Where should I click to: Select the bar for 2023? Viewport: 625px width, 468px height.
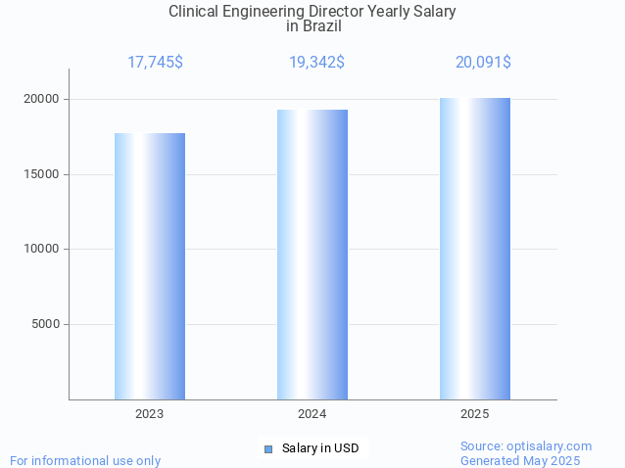(x=150, y=266)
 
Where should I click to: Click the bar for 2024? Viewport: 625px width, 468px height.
(x=312, y=255)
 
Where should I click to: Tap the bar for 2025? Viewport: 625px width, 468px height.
(x=475, y=249)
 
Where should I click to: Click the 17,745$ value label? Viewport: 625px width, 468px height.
(x=155, y=62)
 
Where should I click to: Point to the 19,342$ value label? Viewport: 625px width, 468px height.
(x=316, y=62)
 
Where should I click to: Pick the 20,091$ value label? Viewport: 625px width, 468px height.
(x=483, y=62)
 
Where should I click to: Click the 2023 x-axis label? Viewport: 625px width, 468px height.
(x=150, y=414)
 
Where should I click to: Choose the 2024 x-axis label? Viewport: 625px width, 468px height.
(x=312, y=414)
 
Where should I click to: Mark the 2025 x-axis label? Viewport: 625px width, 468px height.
(x=475, y=414)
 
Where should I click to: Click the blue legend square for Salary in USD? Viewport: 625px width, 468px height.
(x=267, y=448)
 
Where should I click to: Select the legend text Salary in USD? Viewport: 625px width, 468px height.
(x=320, y=448)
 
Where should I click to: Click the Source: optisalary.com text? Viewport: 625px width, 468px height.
(x=526, y=445)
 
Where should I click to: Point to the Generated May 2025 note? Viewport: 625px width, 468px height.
(x=520, y=460)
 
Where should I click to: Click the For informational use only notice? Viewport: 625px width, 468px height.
(x=85, y=460)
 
